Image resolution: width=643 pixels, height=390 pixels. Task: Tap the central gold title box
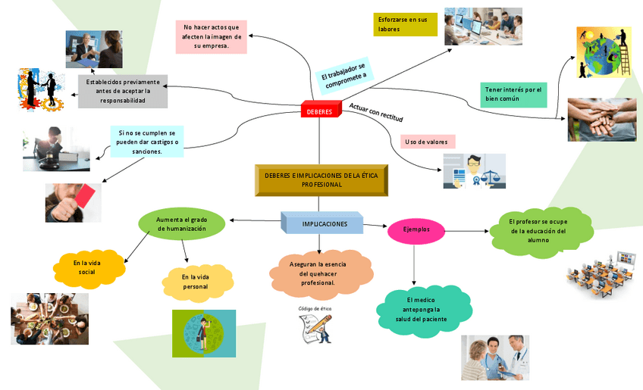pos(322,180)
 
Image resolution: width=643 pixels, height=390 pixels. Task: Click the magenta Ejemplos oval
pos(416,229)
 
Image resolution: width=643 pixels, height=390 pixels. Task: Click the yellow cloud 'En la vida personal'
pos(195,282)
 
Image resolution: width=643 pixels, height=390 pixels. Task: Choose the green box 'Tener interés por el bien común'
pos(513,94)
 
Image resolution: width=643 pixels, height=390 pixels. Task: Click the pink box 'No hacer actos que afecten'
pos(210,37)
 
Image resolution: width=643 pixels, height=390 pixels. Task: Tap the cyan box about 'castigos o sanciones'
pos(146,142)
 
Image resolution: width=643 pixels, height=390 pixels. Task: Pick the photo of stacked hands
pos(601,120)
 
